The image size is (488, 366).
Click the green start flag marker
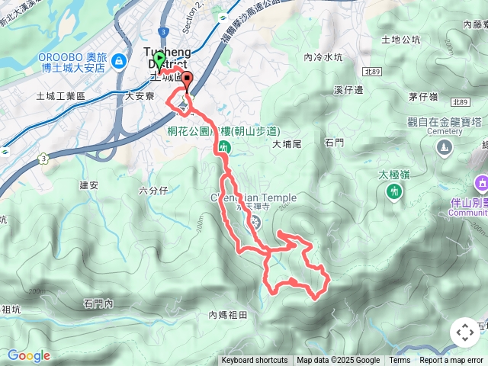159,59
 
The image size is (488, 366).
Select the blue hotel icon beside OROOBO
118,60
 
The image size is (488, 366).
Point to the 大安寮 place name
140,97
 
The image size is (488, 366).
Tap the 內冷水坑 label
323,56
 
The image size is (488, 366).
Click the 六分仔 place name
154,191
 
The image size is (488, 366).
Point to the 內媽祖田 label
228,314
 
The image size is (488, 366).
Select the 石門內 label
99,303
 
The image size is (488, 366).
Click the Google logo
28,355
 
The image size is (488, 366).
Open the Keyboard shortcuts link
255,361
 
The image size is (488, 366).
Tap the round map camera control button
464,332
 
